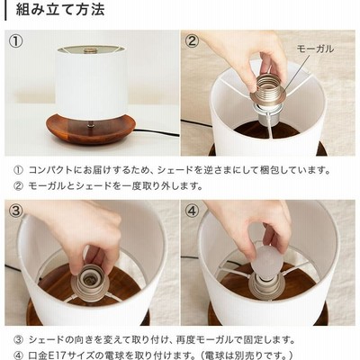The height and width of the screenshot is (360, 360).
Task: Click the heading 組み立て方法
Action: pyautogui.click(x=60, y=9)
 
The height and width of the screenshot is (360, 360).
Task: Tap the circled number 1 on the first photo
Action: pyautogui.click(x=15, y=41)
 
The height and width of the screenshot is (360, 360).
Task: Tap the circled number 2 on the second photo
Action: pyautogui.click(x=192, y=41)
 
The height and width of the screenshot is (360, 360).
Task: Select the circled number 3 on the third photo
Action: pyautogui.click(x=16, y=211)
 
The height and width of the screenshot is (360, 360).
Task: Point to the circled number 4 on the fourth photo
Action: pyautogui.click(x=192, y=211)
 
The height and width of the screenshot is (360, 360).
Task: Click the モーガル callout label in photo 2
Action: pyautogui.click(x=315, y=49)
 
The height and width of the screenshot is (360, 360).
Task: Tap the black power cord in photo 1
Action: pyautogui.click(x=156, y=132)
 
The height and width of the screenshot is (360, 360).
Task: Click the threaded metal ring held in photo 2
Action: pyautogui.click(x=268, y=89)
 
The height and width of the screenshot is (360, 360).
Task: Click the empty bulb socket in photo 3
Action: pyautogui.click(x=89, y=280)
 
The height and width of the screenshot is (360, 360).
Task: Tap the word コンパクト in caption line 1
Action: pyautogui.click(x=51, y=170)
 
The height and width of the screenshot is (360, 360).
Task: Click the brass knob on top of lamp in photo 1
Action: pyautogui.click(x=90, y=50)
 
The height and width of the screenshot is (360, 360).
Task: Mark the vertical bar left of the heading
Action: pyautogui.click(x=5, y=10)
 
